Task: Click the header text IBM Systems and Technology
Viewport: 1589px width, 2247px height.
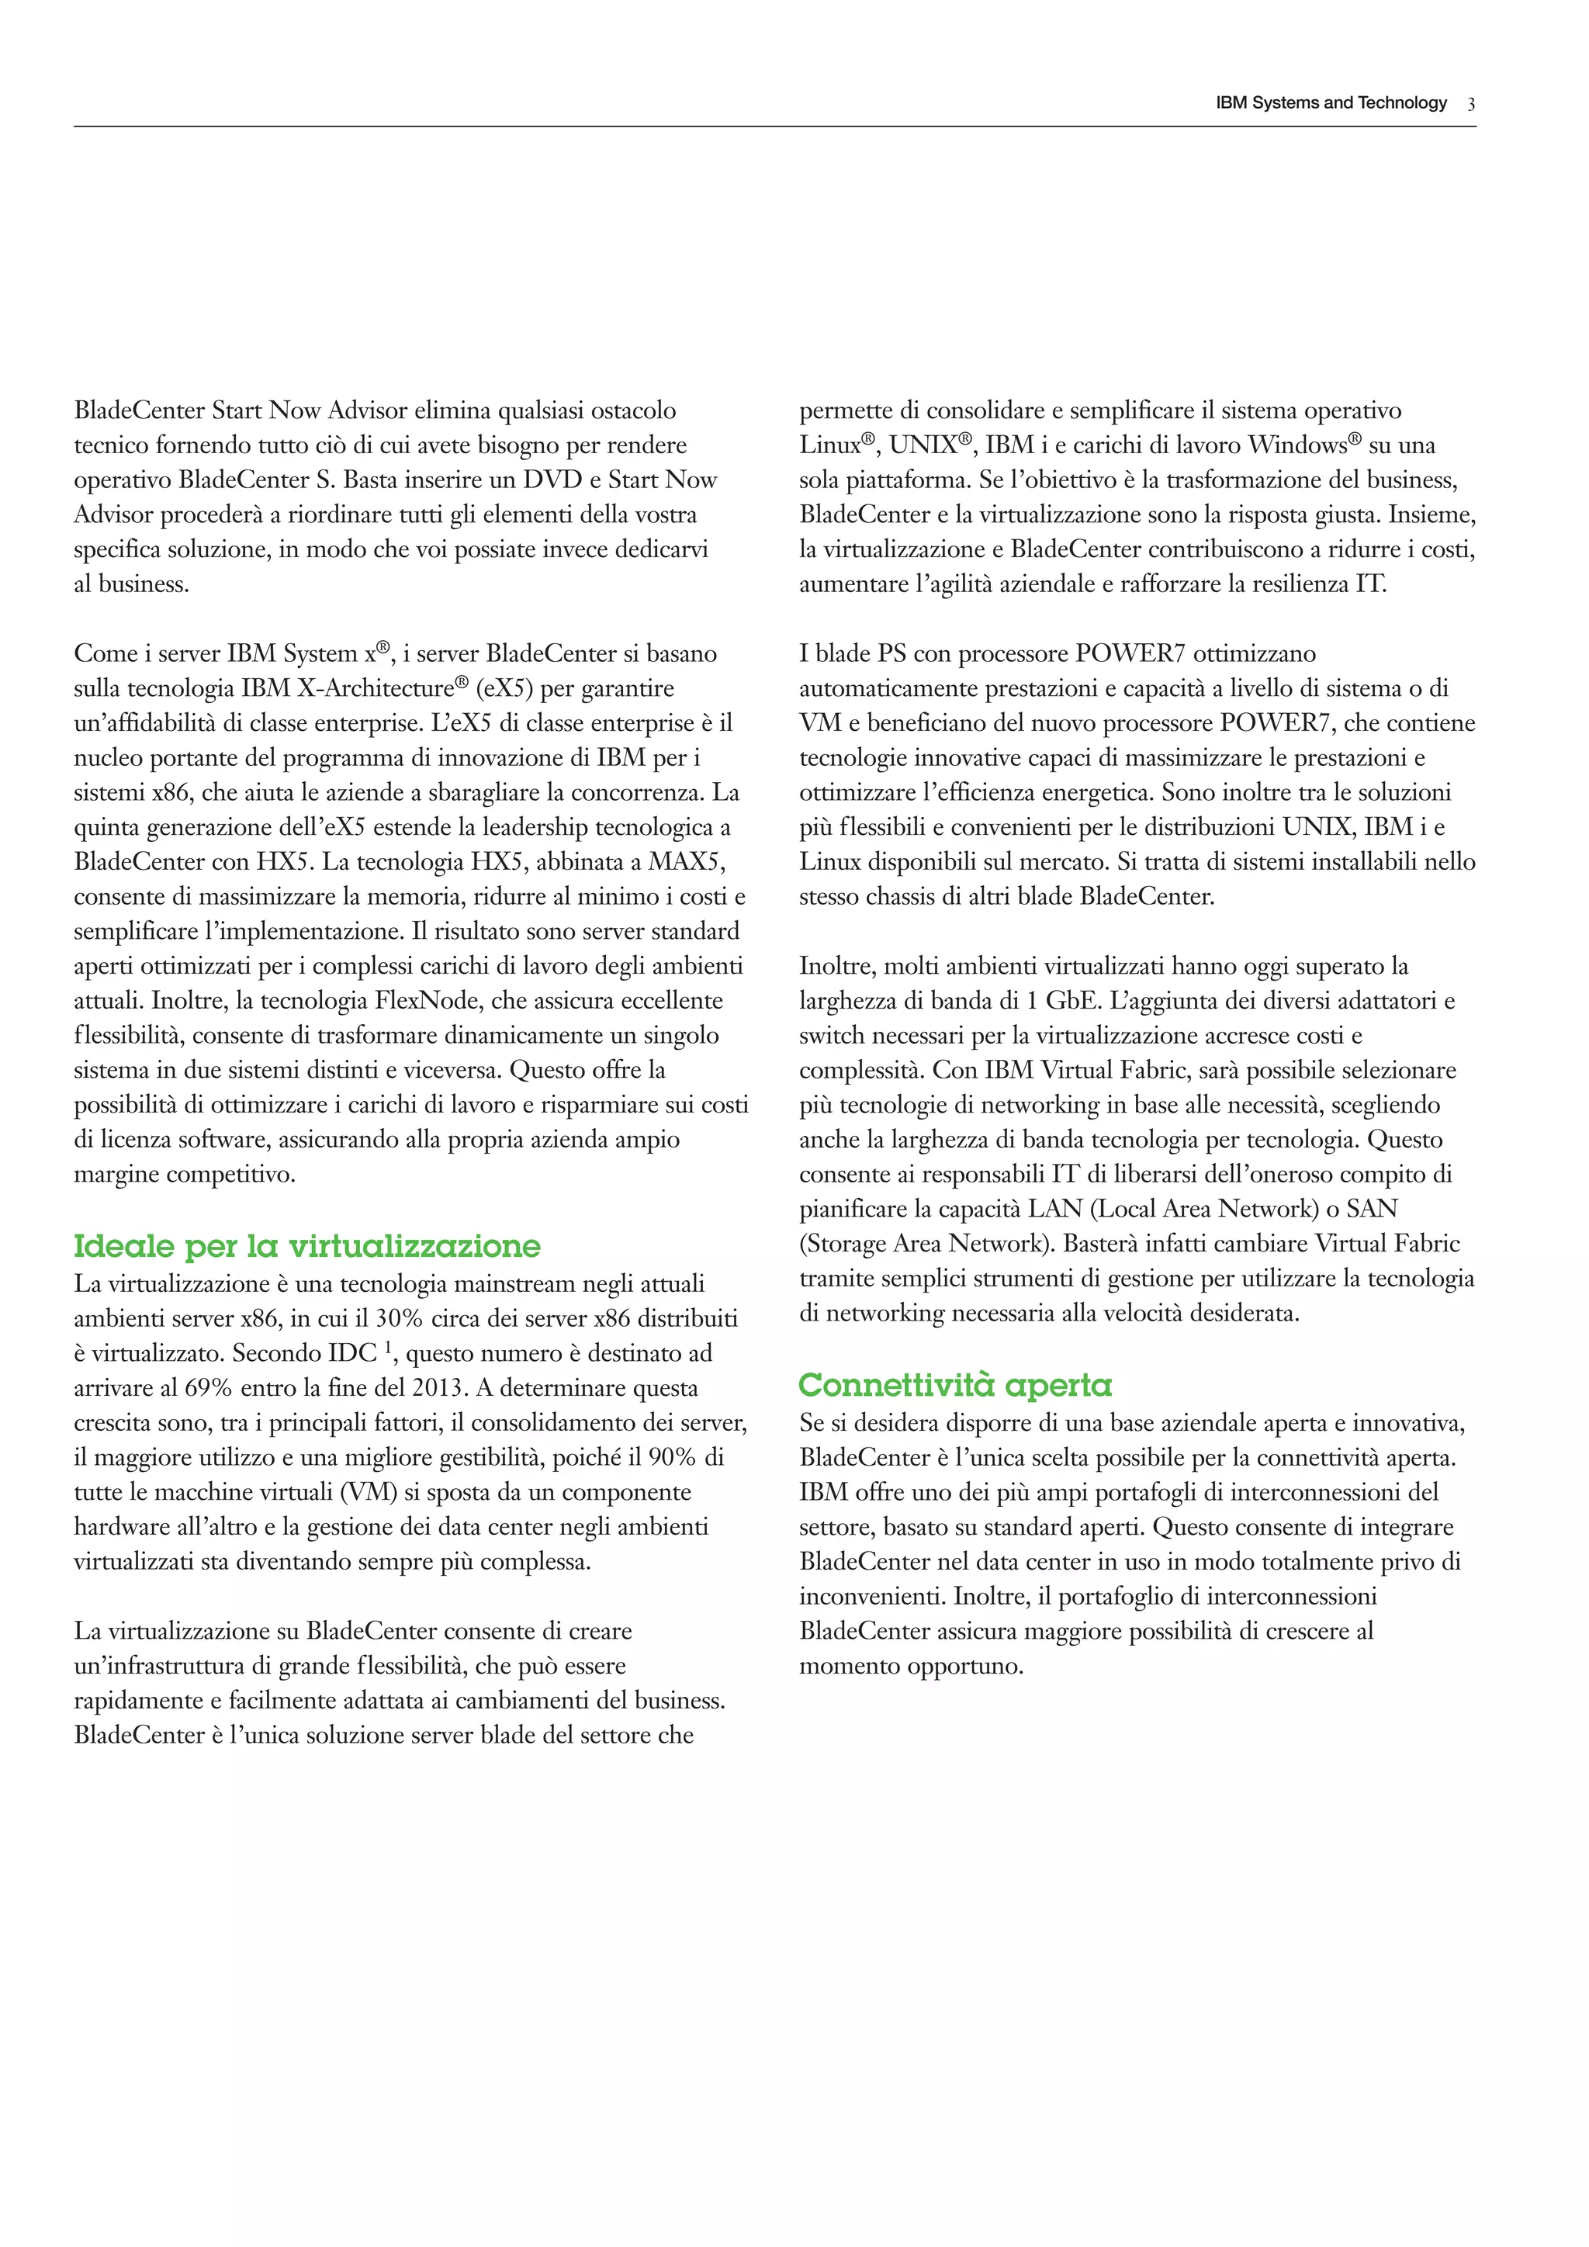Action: tap(1331, 102)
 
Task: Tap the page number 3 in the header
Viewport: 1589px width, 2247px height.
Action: tap(1470, 104)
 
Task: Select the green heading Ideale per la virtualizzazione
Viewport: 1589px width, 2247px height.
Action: tap(307, 1246)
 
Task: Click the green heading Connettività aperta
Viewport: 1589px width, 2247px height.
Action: tap(955, 1385)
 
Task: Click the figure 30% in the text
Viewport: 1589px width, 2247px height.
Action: tap(400, 1318)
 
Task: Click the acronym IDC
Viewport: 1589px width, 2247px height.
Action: tap(352, 1353)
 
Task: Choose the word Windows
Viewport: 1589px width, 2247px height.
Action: tap(1297, 445)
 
